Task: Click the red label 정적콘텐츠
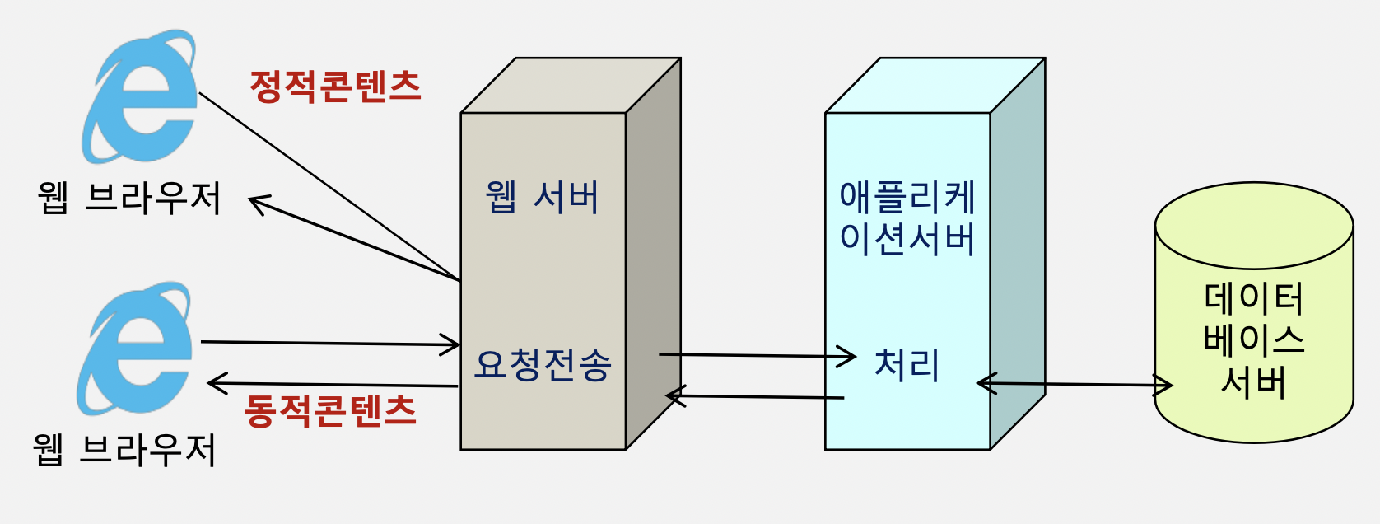335,86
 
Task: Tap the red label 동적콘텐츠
330,410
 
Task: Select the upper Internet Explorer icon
141,96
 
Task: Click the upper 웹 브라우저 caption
130,198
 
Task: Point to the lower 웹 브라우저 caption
125,449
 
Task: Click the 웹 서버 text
543,198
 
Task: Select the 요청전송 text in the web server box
543,364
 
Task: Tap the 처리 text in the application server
907,364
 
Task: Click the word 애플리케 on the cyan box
907,198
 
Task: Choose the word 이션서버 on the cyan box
907,239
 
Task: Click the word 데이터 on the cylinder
1254,298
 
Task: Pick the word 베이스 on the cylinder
1254,339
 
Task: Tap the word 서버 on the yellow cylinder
1254,381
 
